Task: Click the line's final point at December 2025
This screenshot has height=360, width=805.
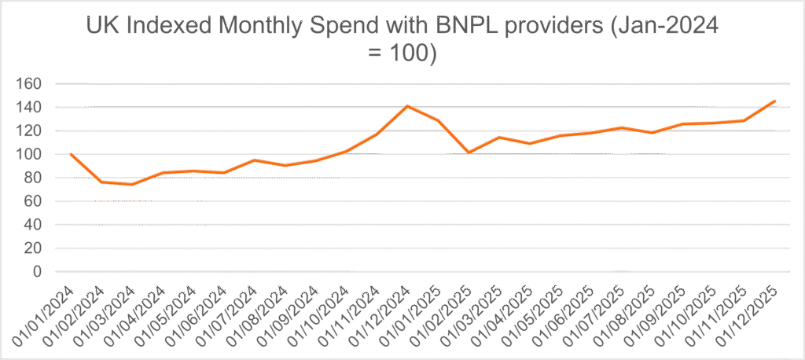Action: point(775,101)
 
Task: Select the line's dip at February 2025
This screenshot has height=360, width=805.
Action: point(469,152)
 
